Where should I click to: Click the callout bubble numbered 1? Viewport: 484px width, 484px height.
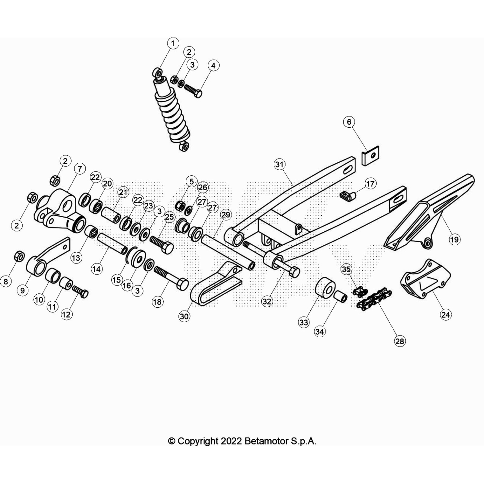173,44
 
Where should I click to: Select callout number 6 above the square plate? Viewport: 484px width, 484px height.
349,122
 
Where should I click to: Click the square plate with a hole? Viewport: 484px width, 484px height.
371,156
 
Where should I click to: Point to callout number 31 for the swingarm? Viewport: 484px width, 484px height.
280,165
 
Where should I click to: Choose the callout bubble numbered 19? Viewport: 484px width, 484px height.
454,240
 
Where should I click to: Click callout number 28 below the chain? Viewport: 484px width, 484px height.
400,341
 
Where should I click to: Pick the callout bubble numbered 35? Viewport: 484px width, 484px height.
346,269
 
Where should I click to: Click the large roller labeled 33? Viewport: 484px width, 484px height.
325,288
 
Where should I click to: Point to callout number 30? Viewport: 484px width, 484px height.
184,316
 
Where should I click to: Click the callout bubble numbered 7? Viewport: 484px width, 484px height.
80,169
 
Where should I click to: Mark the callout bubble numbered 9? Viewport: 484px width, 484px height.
22,291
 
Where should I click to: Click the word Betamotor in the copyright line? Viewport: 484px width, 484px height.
266,441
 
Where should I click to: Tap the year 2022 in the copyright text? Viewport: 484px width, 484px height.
231,441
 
